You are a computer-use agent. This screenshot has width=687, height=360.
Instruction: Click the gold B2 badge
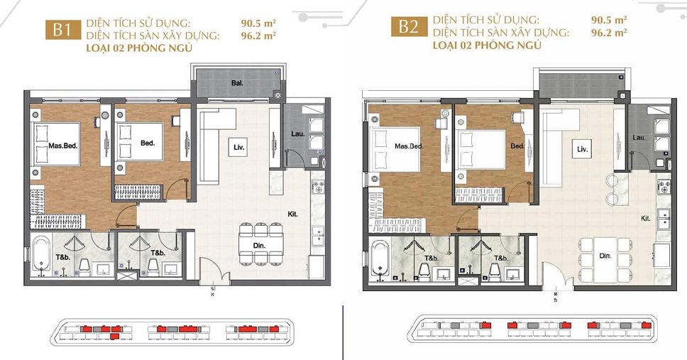tap(407, 28)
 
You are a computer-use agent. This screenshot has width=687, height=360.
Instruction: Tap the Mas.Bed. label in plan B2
tap(409, 146)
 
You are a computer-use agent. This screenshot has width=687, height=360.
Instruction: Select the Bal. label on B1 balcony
tap(237, 83)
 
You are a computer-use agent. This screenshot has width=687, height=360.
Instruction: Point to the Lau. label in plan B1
tap(297, 135)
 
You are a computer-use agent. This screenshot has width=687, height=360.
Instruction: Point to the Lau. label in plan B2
tap(639, 137)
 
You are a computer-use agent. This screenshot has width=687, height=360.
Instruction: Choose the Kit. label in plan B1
tap(292, 212)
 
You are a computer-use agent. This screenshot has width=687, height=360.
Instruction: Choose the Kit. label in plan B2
tap(646, 218)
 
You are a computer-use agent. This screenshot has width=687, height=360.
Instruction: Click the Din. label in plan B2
tap(605, 255)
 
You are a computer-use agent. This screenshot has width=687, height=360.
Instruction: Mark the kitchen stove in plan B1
tap(317, 189)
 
